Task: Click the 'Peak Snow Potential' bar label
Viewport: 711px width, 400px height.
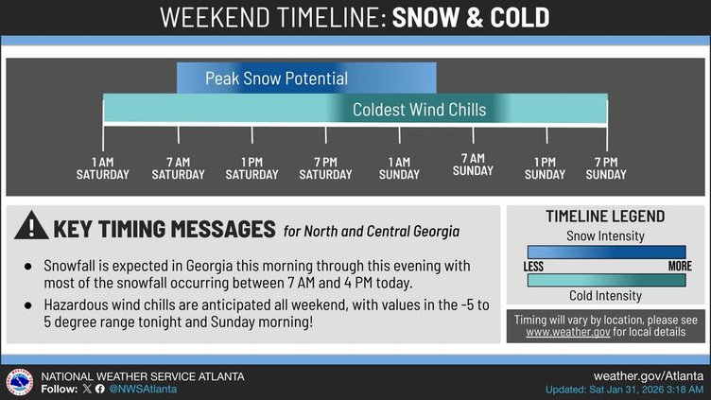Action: click(276, 78)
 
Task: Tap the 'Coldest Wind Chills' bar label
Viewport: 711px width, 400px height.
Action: click(419, 110)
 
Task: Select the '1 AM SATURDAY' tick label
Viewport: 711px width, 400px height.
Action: click(103, 168)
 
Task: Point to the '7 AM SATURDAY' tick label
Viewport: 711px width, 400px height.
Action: click(178, 168)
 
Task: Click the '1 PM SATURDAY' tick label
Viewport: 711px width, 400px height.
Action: click(251, 168)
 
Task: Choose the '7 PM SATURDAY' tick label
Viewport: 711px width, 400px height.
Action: click(325, 168)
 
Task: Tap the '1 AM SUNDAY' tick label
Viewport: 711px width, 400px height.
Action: click(399, 168)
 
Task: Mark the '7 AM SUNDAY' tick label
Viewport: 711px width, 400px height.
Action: click(473, 165)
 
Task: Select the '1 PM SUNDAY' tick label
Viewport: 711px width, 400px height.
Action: click(545, 168)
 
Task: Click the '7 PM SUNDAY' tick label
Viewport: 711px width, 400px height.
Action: click(606, 168)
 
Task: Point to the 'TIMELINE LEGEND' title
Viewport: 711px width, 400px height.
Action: click(605, 217)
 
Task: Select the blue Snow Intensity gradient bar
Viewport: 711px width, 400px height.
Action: click(606, 252)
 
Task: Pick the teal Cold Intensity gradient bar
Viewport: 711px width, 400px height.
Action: click(606, 280)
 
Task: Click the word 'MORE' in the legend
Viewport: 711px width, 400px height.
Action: click(680, 267)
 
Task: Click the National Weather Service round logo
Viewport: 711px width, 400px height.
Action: click(19, 382)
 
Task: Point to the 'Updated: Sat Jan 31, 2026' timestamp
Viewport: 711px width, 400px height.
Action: click(624, 390)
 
